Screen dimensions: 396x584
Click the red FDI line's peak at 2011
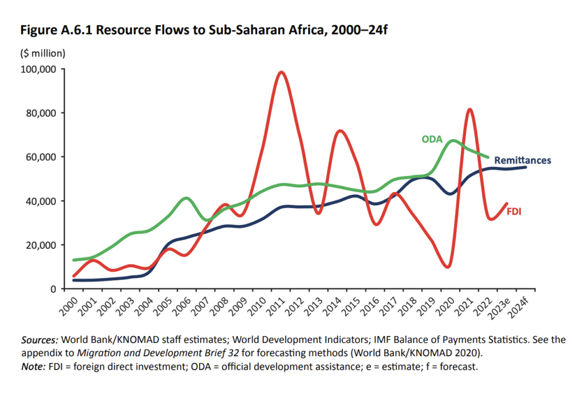coord(281,72)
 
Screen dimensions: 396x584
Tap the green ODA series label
coord(432,138)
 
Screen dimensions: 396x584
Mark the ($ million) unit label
coord(43,54)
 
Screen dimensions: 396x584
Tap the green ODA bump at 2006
coord(186,198)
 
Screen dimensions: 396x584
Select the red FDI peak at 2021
coord(469,109)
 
